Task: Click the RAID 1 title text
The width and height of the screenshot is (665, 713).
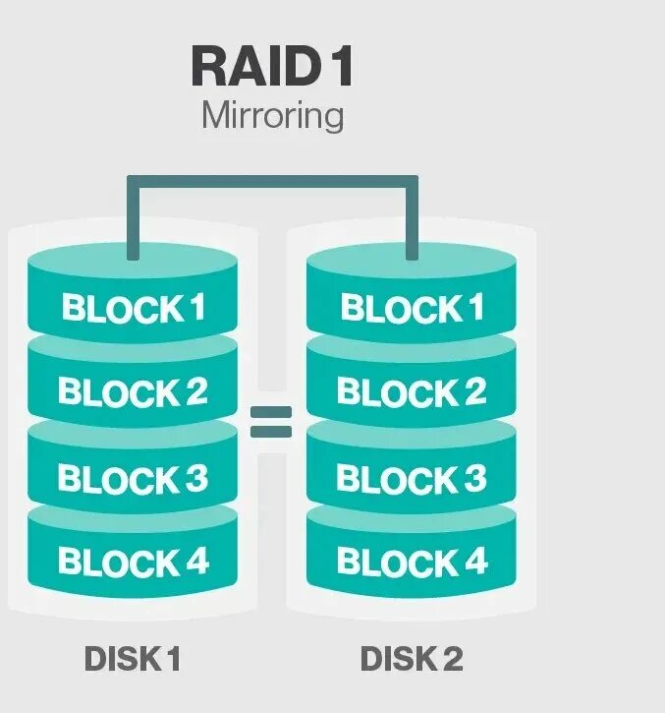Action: tap(272, 67)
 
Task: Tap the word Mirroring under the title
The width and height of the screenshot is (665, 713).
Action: tap(272, 116)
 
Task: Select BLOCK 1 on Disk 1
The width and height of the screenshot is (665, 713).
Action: tap(133, 308)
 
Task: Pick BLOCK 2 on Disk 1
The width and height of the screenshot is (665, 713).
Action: tap(133, 392)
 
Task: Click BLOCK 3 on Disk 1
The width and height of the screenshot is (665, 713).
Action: tap(133, 478)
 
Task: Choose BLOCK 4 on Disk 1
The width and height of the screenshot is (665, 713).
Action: tap(133, 563)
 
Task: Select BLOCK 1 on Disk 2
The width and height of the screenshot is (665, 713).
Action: tap(412, 308)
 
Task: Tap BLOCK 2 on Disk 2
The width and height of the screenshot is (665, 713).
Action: tap(412, 392)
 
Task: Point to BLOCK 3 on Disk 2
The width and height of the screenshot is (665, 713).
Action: tap(412, 478)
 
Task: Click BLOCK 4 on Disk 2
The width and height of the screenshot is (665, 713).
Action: tap(412, 563)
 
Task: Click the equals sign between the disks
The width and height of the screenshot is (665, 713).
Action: tap(271, 422)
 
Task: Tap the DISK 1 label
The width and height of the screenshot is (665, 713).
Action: tap(133, 658)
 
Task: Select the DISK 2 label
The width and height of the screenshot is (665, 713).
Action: tap(412, 658)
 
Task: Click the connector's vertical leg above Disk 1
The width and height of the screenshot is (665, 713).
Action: tap(133, 221)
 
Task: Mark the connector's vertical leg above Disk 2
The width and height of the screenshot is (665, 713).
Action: tap(413, 221)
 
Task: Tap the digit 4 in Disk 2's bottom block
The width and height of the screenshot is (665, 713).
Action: tap(476, 563)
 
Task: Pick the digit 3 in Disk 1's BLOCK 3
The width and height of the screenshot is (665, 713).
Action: tap(196, 478)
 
